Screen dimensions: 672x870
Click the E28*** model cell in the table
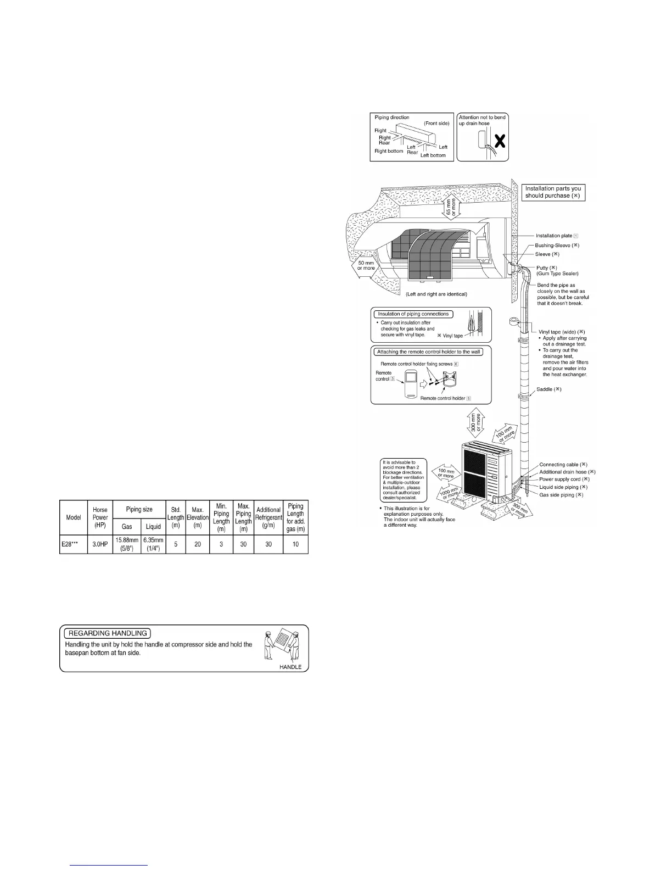pyautogui.click(x=74, y=544)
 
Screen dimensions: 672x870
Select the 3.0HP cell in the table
pyautogui.click(x=100, y=544)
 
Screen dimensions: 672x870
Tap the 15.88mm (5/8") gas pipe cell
pyautogui.click(x=127, y=544)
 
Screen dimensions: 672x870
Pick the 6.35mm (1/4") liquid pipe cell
pyautogui.click(x=153, y=544)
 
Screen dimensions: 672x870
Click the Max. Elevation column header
pyautogui.click(x=198, y=518)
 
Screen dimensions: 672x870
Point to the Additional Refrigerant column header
pyautogui.click(x=268, y=518)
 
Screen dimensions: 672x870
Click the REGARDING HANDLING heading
pyautogui.click(x=108, y=633)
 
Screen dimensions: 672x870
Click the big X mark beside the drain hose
pyautogui.click(x=500, y=142)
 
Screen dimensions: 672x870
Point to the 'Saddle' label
pyautogui.click(x=550, y=389)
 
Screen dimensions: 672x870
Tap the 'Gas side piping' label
pyautogui.click(x=561, y=495)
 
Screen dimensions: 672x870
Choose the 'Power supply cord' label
pyautogui.click(x=564, y=479)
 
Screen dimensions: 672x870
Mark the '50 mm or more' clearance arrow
pyautogui.click(x=365, y=265)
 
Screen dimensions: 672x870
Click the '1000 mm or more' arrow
pyautogui.click(x=450, y=492)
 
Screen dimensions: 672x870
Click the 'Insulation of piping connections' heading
pyautogui.click(x=413, y=314)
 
